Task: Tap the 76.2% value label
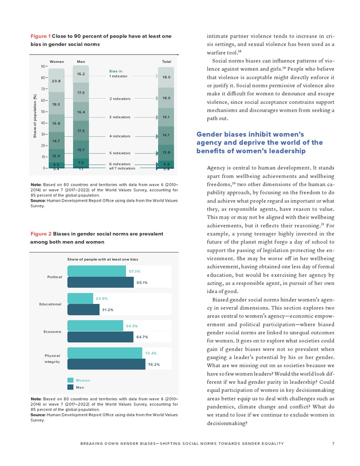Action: click(x=153, y=365)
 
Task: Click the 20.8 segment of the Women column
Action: click(x=56, y=81)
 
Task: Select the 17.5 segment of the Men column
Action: click(x=81, y=131)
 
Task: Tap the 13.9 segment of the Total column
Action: click(x=166, y=153)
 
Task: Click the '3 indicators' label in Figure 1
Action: click(x=121, y=117)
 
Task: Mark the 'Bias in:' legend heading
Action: click(x=117, y=70)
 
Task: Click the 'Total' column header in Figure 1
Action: click(x=166, y=61)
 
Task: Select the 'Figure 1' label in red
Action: click(x=41, y=36)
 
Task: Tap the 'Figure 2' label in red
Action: click(x=41, y=233)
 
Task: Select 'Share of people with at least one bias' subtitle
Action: click(x=102, y=259)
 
